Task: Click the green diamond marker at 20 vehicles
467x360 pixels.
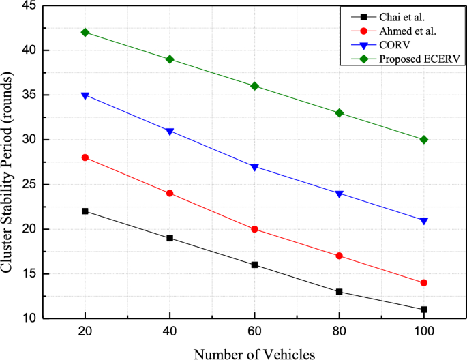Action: (x=85, y=32)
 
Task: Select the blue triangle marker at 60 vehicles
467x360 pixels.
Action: (x=254, y=167)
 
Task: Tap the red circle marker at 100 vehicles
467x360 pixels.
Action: (x=424, y=282)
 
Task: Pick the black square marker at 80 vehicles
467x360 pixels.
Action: (x=340, y=292)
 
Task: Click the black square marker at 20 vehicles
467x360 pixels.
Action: (x=85, y=211)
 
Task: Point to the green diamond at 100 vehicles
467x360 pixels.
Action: (x=424, y=140)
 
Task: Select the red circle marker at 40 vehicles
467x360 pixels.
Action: (x=170, y=193)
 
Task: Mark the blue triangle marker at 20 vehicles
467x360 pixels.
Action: (x=85, y=95)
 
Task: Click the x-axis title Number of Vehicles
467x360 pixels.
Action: (x=254, y=352)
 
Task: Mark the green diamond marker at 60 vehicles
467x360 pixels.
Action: (x=254, y=86)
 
